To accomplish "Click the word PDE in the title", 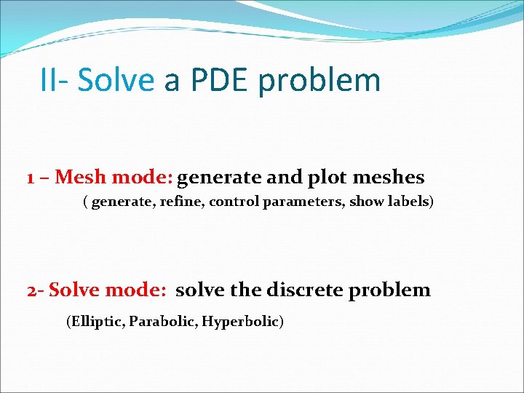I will (218, 80).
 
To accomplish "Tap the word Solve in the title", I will (116, 80).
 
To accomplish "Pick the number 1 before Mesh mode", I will (31, 178).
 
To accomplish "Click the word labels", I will (409, 202).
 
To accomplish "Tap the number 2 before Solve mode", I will (31, 290).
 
